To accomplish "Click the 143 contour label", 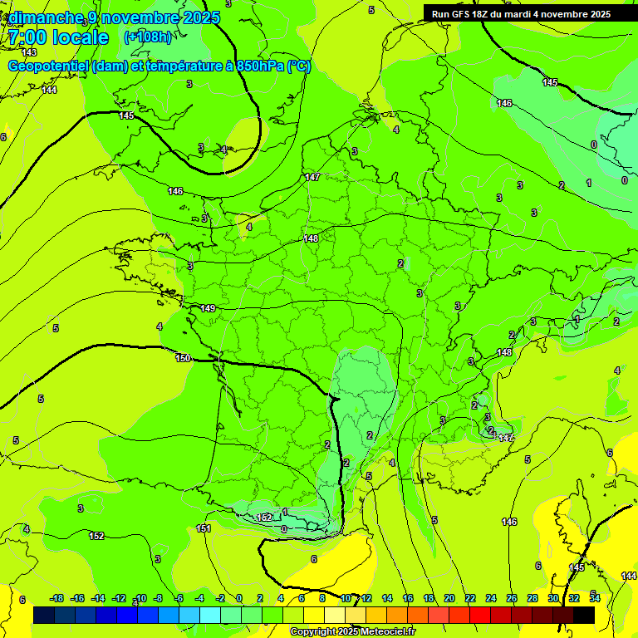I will [29, 52].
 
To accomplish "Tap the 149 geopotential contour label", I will [208, 308].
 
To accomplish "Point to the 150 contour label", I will [183, 358].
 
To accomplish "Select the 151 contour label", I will [204, 528].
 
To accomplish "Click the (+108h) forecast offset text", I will [148, 37].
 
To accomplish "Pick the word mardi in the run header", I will [526, 14].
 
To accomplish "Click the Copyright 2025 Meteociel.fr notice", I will [352, 632].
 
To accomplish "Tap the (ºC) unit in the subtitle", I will [300, 66].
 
